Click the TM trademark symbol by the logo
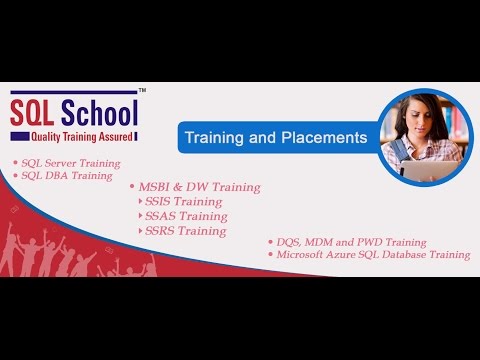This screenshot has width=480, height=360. pyautogui.click(x=142, y=91)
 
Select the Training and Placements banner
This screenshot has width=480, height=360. pyautogui.click(x=273, y=135)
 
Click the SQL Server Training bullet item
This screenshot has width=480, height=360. pyautogui.click(x=69, y=162)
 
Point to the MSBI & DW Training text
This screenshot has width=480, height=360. pyautogui.click(x=197, y=187)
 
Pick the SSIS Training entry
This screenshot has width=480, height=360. pyautogui.click(x=185, y=201)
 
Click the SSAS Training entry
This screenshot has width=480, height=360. pyautogui.click(x=186, y=216)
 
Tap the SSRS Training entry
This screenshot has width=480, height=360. pyautogui.click(x=186, y=231)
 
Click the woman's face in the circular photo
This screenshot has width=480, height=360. pyautogui.click(x=418, y=118)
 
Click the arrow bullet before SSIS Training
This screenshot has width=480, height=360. pyautogui.click(x=139, y=201)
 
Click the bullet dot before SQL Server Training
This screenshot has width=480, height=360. pyautogui.click(x=14, y=162)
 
